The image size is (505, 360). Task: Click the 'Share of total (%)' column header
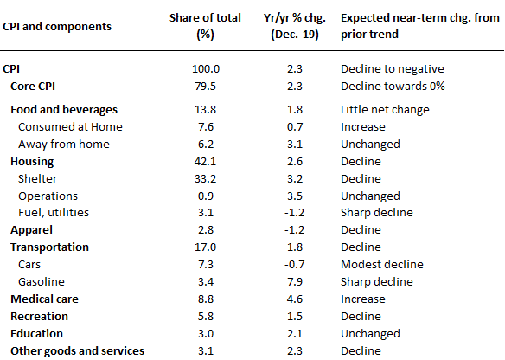(x=205, y=26)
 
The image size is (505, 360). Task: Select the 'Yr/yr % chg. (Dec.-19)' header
(x=295, y=26)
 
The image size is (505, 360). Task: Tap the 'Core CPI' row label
(x=33, y=87)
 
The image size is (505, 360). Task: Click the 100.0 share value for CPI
(x=206, y=69)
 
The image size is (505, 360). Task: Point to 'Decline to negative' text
(x=393, y=69)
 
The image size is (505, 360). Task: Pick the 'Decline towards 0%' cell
(x=393, y=87)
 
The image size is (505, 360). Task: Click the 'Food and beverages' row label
(x=64, y=110)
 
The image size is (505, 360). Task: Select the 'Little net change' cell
(x=385, y=110)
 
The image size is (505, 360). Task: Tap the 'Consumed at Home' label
(x=70, y=127)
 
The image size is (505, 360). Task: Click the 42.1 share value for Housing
(x=205, y=162)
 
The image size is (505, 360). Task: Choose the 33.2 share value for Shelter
(x=205, y=179)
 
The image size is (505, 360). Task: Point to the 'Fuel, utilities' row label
(x=54, y=213)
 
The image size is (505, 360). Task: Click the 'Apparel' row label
(x=31, y=230)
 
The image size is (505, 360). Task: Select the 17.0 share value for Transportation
(x=205, y=247)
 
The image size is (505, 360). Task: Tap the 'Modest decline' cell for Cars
(x=382, y=265)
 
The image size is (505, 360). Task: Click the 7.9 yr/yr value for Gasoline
(x=295, y=282)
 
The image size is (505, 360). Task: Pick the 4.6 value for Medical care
(x=295, y=299)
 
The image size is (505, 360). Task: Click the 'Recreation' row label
(x=39, y=317)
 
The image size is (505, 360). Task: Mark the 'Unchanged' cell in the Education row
(x=370, y=334)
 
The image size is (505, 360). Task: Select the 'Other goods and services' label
(x=77, y=351)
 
